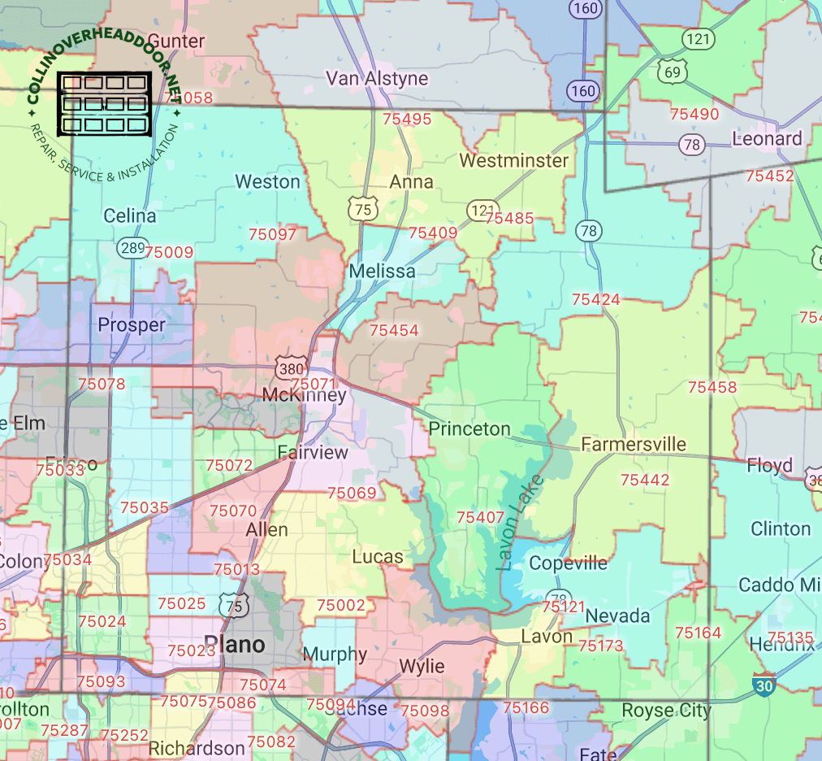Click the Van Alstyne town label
coord(377,78)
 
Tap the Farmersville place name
coord(634,444)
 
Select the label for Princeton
coord(469,428)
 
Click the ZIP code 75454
coord(394,331)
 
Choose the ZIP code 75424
coord(595,300)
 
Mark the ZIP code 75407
coord(480,517)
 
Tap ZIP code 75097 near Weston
coord(272,234)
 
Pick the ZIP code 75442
coord(645,481)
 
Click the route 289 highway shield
coord(131,246)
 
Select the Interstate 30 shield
coord(764,685)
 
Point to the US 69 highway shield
coord(673,72)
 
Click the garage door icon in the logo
coord(105,104)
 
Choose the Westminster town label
coord(513,160)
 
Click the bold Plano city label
coord(234,645)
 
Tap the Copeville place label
coord(568,563)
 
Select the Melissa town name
coord(382,271)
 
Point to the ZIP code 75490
coord(694,115)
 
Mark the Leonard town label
coord(767,138)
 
